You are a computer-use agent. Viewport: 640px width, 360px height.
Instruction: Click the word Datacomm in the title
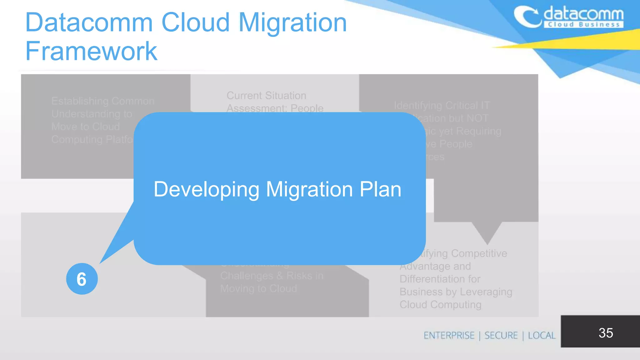coord(89,22)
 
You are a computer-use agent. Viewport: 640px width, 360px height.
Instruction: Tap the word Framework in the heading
coord(91,51)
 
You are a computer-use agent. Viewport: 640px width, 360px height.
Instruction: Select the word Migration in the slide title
coord(292,22)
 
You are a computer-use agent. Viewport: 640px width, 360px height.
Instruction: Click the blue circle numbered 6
coord(82,279)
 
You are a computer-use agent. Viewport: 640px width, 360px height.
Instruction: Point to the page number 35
coord(606,333)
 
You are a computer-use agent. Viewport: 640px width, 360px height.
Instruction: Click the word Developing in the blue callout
coord(206,189)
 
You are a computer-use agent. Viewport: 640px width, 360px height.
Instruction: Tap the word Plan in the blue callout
coord(380,189)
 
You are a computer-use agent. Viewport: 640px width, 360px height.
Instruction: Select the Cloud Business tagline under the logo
coord(583,25)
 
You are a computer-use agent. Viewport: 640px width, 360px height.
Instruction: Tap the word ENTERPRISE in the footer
coord(449,335)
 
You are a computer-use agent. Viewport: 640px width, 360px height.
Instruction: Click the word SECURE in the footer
coord(501,335)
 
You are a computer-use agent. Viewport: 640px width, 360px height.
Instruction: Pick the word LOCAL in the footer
coord(542,335)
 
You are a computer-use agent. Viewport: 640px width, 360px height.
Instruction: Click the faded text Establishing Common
coord(103,101)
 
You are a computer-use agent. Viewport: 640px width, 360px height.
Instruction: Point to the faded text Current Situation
coord(266,96)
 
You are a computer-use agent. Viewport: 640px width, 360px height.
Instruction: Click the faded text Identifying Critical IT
coord(442,106)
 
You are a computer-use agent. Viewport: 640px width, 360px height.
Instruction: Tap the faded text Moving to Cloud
coord(258,288)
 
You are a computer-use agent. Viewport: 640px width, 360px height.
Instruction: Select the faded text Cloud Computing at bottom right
coord(440,304)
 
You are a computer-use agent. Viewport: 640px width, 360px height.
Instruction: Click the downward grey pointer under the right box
coord(487,233)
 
